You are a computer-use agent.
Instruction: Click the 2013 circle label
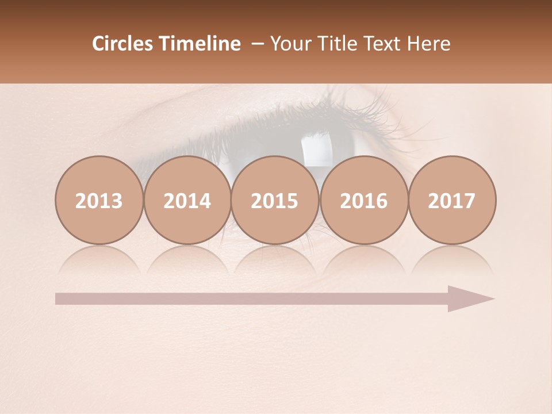99,201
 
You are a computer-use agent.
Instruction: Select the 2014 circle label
187,201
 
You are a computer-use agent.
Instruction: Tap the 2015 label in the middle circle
275,201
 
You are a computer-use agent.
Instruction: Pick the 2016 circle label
363,201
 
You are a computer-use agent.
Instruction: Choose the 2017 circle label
451,201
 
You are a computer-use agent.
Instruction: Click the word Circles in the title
122,44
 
